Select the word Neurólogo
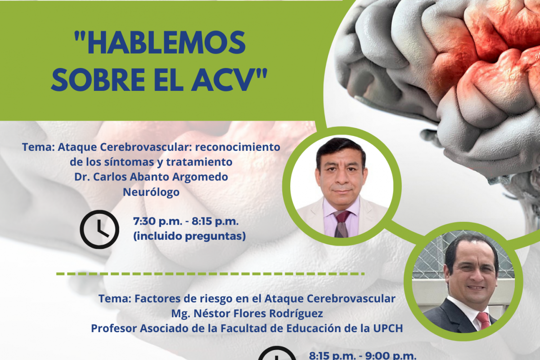(151, 192)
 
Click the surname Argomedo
(200, 177)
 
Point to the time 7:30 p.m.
(158, 221)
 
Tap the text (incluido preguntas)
(189, 236)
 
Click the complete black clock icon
(99, 229)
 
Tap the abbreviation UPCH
(388, 328)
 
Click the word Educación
(319, 328)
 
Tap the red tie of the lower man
(484, 320)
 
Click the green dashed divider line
(210, 274)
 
